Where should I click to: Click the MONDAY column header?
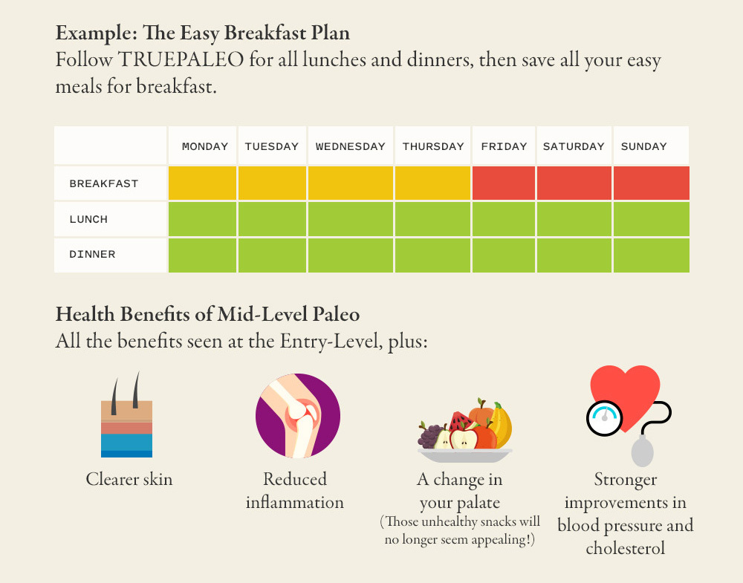205,146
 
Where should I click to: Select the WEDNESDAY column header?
351,146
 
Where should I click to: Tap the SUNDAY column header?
643,146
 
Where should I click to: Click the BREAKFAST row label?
104,183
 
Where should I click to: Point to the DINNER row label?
92,254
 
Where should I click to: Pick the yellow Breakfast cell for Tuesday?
272,183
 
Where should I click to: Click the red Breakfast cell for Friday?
504,183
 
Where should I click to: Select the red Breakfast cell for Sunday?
651,183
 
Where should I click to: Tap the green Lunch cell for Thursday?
432,219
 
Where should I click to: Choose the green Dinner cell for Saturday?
574,255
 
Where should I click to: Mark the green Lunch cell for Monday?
202,219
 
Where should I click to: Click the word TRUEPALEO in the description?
181,59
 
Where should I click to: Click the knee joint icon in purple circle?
298,416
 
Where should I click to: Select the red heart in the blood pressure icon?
626,395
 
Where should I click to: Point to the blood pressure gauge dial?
604,418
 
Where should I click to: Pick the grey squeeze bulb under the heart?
642,451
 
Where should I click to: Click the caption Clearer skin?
129,479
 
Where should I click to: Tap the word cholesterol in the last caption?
626,548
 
